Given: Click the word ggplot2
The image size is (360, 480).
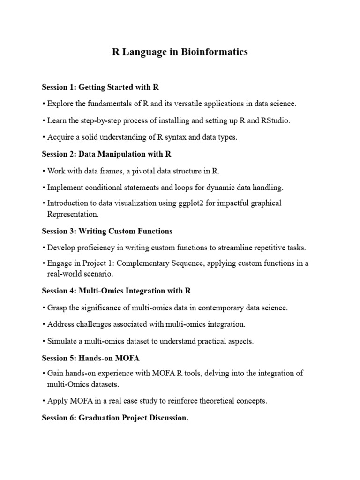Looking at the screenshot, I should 189,203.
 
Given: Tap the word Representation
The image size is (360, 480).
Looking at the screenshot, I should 73,214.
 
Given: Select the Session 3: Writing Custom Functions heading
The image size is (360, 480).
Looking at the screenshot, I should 107,231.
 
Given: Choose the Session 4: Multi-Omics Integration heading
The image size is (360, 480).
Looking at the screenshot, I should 116,291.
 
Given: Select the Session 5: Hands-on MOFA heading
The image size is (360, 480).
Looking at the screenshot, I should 90,358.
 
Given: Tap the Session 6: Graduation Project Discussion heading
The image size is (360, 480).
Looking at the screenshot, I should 115,418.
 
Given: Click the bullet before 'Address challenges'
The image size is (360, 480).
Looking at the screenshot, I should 44,324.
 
